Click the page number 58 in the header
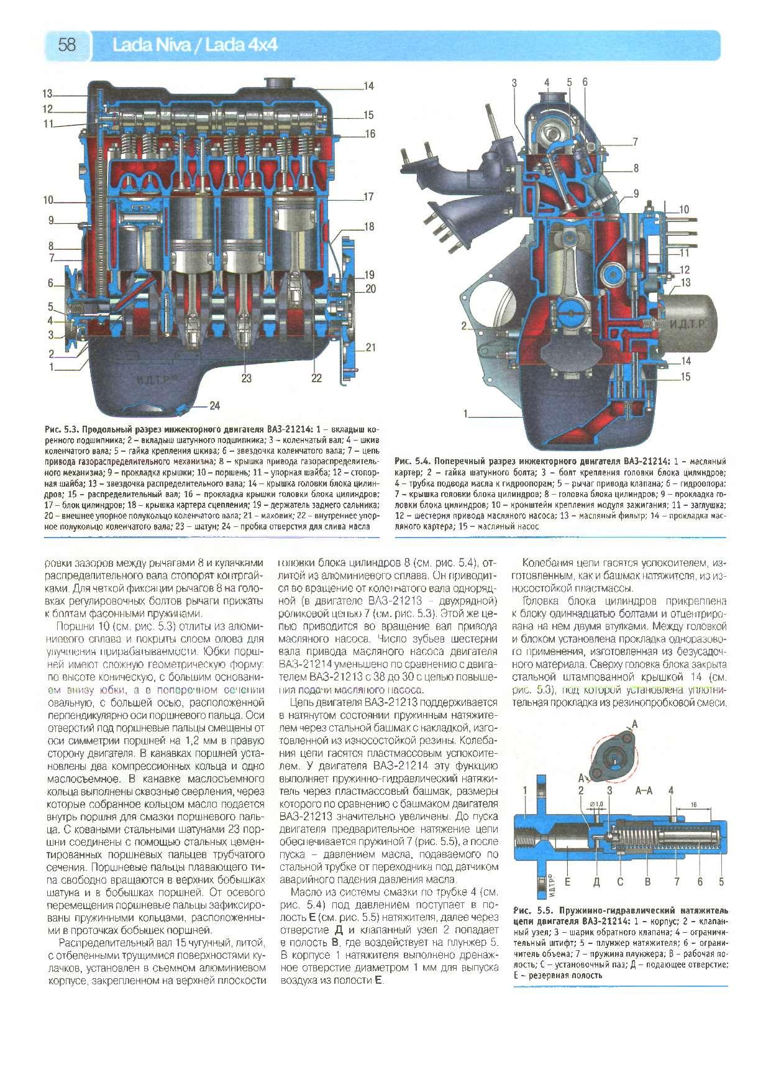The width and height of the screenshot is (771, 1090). [x=67, y=45]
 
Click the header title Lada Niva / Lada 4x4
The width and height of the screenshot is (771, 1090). [x=194, y=45]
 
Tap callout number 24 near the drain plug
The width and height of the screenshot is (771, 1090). [x=214, y=406]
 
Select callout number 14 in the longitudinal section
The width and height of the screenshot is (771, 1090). [x=368, y=86]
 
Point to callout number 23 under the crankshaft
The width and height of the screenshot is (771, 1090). [x=247, y=378]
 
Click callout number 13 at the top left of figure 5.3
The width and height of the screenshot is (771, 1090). [x=47, y=94]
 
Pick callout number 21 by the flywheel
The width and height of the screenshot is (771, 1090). [x=370, y=347]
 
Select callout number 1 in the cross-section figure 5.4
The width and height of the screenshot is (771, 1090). [x=465, y=413]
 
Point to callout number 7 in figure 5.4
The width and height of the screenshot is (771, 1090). [x=635, y=142]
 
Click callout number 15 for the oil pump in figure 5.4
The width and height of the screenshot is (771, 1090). [x=685, y=377]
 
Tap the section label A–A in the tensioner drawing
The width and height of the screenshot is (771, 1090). [x=644, y=792]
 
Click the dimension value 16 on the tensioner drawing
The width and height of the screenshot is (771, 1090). [x=693, y=804]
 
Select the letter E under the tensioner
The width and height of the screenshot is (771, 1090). [x=567, y=881]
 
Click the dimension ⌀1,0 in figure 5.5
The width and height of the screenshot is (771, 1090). [x=597, y=805]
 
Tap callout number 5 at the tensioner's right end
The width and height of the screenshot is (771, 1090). [x=721, y=881]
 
